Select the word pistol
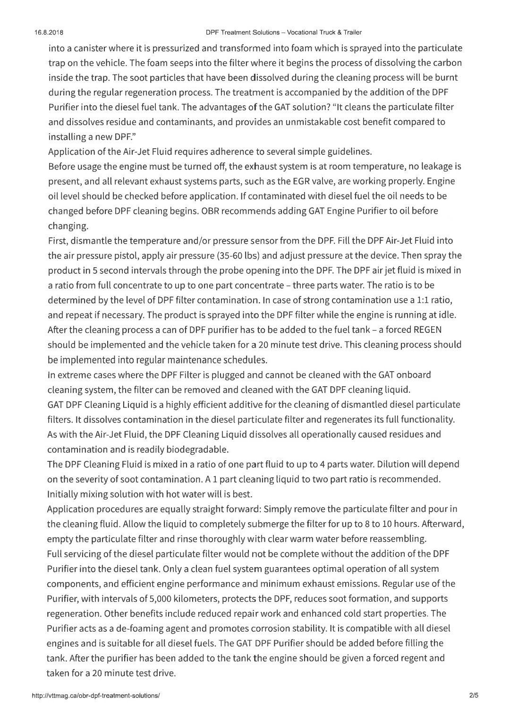(x=125, y=255)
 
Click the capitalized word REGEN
(x=427, y=330)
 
